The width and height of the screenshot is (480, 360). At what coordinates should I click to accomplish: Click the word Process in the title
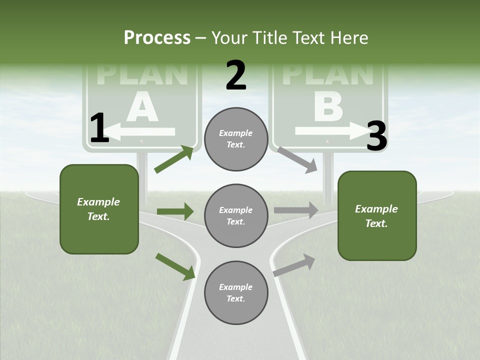pyautogui.click(x=157, y=37)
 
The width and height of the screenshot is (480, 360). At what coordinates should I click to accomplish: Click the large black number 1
pyautogui.click(x=99, y=128)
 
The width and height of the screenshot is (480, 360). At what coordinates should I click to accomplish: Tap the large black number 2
pyautogui.click(x=236, y=75)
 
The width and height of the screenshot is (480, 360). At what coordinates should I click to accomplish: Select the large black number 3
pyautogui.click(x=376, y=136)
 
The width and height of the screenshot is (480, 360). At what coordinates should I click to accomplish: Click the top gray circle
pyautogui.click(x=236, y=139)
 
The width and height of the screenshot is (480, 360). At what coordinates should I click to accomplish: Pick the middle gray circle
pyautogui.click(x=236, y=216)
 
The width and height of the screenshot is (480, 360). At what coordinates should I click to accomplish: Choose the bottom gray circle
pyautogui.click(x=236, y=293)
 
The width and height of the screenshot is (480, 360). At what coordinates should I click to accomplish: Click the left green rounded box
pyautogui.click(x=99, y=209)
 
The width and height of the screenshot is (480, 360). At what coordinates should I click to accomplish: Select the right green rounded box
pyautogui.click(x=377, y=216)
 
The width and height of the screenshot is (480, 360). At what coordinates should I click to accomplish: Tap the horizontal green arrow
pyautogui.click(x=175, y=211)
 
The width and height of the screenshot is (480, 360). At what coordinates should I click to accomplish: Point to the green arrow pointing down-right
pyautogui.click(x=175, y=266)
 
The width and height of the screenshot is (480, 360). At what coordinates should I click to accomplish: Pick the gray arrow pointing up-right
pyautogui.click(x=294, y=265)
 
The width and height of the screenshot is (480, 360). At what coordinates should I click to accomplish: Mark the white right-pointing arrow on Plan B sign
pyautogui.click(x=330, y=131)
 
